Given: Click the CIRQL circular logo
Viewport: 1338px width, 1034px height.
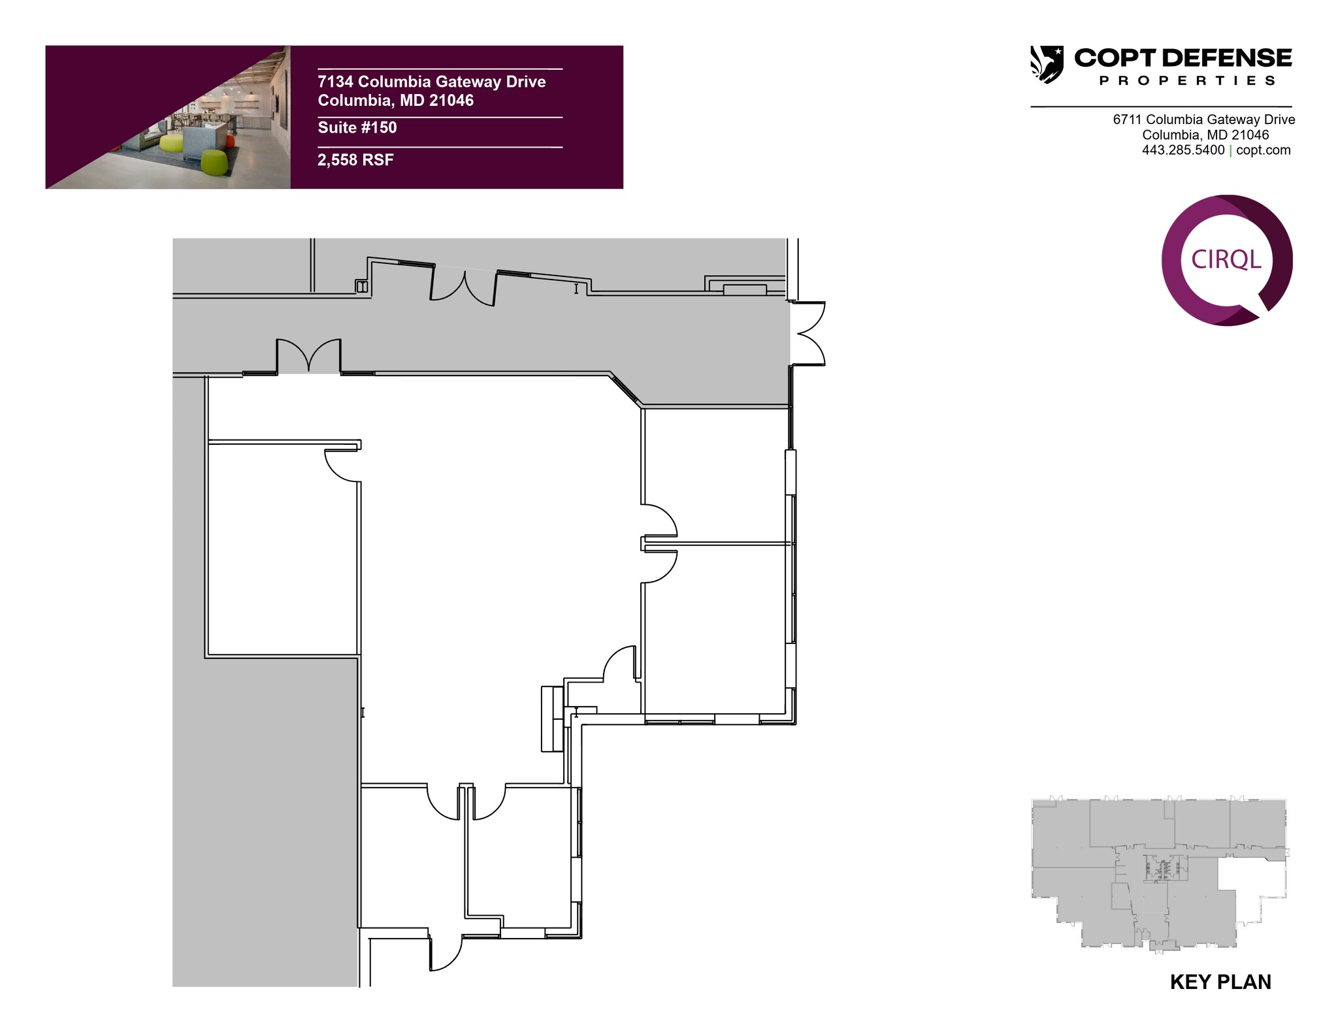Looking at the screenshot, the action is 1227,260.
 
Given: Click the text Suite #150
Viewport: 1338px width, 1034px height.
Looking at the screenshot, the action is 357,127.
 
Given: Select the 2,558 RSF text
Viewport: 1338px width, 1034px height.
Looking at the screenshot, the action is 355,160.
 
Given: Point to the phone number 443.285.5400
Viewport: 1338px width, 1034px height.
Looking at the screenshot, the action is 1183,150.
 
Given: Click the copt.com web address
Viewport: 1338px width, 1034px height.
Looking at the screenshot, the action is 1264,150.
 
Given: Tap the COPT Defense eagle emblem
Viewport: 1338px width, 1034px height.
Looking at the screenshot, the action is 1047,64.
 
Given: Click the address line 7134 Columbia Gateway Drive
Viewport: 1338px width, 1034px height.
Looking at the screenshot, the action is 432,82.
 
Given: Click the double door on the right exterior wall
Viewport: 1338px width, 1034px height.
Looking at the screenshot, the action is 809,333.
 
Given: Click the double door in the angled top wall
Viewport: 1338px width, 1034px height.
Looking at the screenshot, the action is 463,287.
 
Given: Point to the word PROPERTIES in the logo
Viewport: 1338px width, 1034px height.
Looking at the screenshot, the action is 1188,80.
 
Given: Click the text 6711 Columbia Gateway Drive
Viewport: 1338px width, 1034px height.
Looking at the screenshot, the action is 1204,120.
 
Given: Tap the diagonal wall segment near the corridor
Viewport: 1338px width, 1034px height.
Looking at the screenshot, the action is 625,391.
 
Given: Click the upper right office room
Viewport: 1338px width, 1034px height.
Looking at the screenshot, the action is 717,476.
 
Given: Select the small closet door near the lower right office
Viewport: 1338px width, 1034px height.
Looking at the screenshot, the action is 619,664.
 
